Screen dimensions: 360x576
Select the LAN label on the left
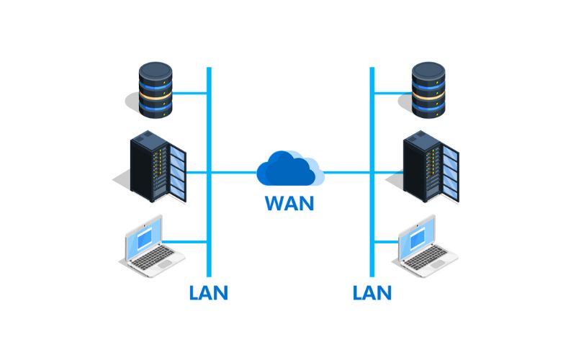tap(208, 292)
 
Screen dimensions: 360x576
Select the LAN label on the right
tap(372, 292)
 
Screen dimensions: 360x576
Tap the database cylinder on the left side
tap(155, 91)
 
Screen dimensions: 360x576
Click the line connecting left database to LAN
tap(191, 93)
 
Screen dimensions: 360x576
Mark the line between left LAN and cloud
tap(234, 173)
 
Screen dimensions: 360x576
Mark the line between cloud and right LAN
tap(347, 173)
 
